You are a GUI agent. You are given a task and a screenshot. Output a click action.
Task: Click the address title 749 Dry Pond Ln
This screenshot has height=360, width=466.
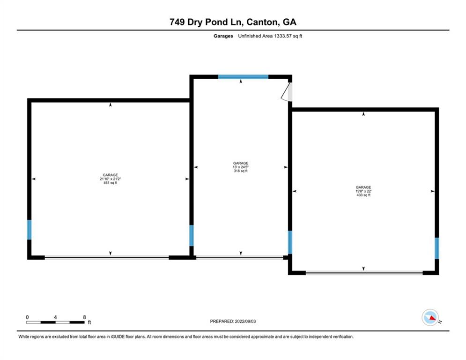pyautogui.click(x=206, y=22)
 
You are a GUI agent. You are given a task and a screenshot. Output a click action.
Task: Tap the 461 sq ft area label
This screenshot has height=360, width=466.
pyautogui.click(x=111, y=183)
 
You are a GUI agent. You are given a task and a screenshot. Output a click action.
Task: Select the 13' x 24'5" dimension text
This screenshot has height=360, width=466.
pyautogui.click(x=241, y=167)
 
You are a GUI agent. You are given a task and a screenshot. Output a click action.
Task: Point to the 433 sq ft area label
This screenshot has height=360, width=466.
pyautogui.click(x=363, y=195)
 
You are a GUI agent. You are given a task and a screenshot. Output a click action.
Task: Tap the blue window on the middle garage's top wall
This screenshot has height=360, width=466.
pyautogui.click(x=243, y=76)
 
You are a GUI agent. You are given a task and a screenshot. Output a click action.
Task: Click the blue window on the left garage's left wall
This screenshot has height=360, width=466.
pyautogui.click(x=29, y=230)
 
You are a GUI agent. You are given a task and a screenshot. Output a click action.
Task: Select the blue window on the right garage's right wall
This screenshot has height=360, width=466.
pyautogui.click(x=436, y=248)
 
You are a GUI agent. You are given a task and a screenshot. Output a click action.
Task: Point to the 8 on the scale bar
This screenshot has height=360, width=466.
pyautogui.click(x=84, y=317)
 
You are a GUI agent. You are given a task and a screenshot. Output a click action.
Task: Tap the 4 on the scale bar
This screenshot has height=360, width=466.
pyautogui.click(x=55, y=317)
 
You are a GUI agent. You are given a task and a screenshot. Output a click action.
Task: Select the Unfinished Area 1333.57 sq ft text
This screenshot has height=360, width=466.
pyautogui.click(x=270, y=36)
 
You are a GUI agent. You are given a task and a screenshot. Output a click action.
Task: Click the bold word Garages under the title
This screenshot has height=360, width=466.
pyautogui.click(x=220, y=36)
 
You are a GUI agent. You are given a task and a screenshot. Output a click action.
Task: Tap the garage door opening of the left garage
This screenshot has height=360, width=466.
pyautogui.click(x=107, y=257)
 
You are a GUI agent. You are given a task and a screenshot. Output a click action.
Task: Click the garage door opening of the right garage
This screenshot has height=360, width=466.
pyautogui.click(x=364, y=272)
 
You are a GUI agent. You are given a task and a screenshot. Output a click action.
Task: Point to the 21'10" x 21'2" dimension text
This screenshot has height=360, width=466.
pyautogui.click(x=111, y=179)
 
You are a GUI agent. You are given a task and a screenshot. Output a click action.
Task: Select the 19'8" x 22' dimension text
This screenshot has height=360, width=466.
pyautogui.click(x=363, y=191)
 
